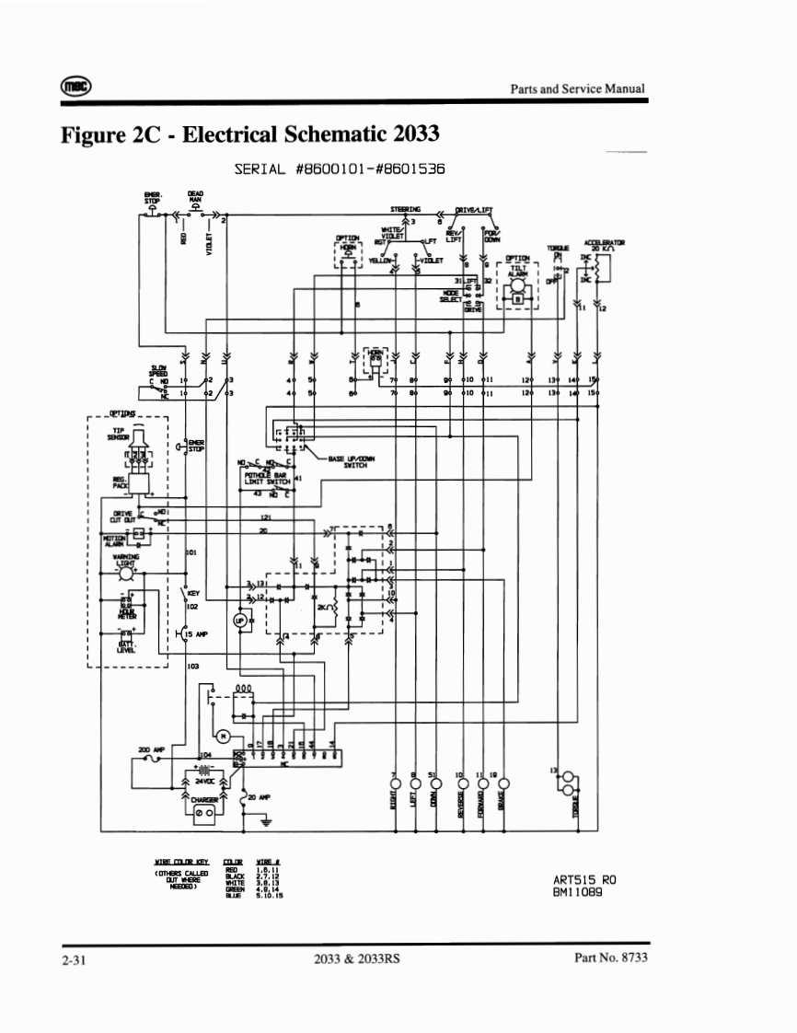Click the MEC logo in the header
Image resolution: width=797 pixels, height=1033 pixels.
tap(75, 86)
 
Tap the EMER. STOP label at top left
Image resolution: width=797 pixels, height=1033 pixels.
tap(152, 198)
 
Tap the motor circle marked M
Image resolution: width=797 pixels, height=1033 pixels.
tap(222, 736)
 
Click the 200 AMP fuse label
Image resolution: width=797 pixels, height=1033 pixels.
tap(150, 750)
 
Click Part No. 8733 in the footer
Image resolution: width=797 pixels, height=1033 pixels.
tap(609, 958)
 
